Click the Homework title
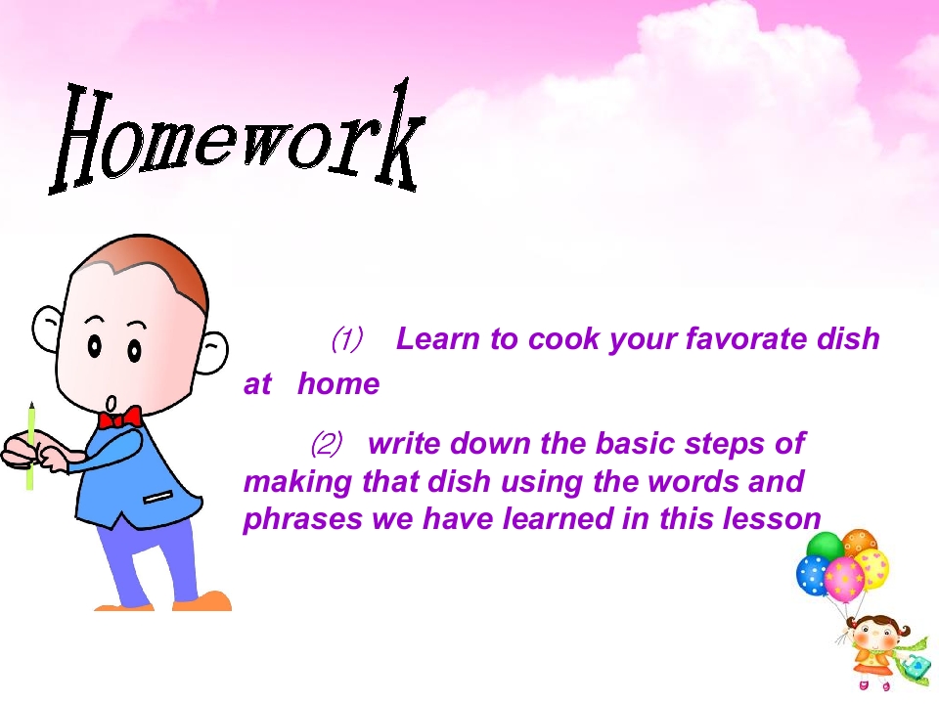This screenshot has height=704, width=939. [x=237, y=138]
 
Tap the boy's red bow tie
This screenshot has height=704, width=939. [x=119, y=418]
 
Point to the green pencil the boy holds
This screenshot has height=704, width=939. [x=30, y=446]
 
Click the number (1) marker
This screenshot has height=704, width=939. [x=347, y=339]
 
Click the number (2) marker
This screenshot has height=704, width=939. [x=327, y=444]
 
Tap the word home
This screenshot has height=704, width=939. [x=338, y=383]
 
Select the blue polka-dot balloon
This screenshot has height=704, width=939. [x=812, y=575]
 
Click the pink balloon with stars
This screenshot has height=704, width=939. [x=844, y=580]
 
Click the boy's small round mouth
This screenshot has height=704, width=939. [x=112, y=403]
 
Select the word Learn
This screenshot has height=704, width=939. [x=438, y=339]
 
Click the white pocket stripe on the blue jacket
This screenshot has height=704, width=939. [x=158, y=497]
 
